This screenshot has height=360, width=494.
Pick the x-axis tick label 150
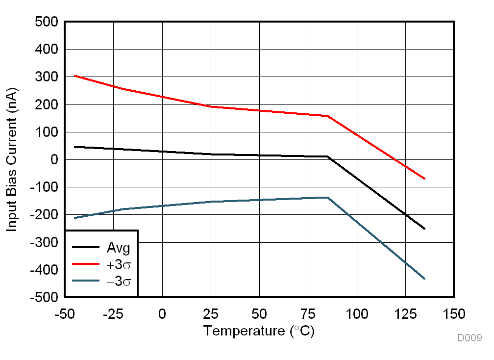pyautogui.click(x=453, y=313)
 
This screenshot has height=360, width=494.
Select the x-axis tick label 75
pyautogui.click(x=308, y=313)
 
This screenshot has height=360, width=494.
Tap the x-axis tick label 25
pyautogui.click(x=211, y=313)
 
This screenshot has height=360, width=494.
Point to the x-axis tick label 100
pyautogui.click(x=356, y=313)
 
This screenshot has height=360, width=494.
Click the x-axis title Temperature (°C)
pyautogui.click(x=259, y=331)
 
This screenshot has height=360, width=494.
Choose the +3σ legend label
pyautogui.click(x=119, y=264)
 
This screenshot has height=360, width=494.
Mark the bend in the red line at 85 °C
pyautogui.click(x=327, y=116)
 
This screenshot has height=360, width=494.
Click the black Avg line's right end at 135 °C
pyautogui.click(x=424, y=229)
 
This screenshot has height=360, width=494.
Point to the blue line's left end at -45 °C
pyautogui.click(x=75, y=218)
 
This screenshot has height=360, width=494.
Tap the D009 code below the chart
pyautogui.click(x=469, y=338)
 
